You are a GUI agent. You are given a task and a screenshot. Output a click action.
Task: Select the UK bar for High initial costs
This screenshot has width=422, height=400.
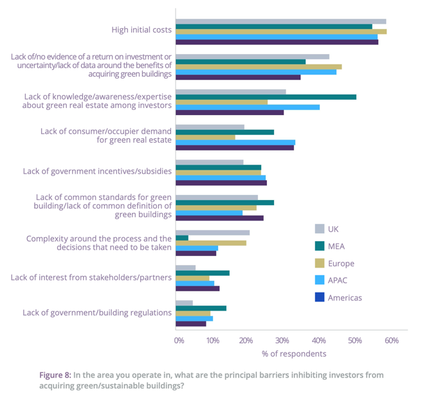(280, 21)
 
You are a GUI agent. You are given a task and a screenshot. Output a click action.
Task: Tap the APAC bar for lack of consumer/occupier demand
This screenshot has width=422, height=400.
(235, 142)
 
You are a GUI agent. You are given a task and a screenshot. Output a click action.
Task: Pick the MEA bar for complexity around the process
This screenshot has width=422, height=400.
(182, 238)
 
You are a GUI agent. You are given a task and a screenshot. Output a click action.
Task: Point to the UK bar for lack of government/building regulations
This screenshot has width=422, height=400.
(184, 303)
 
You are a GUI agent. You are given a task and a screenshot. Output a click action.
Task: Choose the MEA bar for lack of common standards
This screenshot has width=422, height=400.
(225, 203)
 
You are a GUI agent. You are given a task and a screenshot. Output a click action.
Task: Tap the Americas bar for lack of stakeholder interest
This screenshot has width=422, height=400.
(197, 288)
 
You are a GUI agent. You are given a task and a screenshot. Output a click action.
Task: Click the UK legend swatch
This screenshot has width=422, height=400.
(319, 229)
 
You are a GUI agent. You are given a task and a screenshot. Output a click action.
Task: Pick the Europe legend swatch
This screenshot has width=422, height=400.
(319, 263)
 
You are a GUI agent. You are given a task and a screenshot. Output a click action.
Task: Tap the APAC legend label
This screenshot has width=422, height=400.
(338, 280)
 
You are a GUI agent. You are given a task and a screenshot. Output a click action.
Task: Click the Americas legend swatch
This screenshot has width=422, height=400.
(319, 298)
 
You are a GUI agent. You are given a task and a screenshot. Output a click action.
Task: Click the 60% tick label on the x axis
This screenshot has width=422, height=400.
(391, 340)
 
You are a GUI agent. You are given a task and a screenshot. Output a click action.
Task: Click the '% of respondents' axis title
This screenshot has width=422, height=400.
(294, 354)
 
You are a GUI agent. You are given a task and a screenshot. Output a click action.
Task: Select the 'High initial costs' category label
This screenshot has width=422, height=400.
(142, 30)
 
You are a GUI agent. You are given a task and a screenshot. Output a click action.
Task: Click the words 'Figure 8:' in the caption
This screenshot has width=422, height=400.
(55, 374)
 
